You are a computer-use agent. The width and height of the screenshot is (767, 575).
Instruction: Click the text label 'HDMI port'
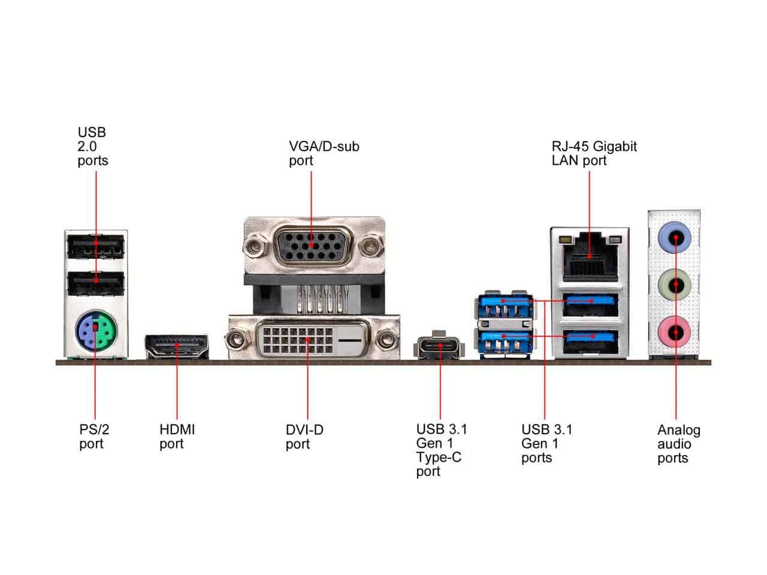(177, 437)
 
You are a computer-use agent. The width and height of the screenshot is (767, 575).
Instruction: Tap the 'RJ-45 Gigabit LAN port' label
(594, 153)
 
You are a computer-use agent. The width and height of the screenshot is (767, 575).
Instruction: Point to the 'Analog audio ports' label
(678, 444)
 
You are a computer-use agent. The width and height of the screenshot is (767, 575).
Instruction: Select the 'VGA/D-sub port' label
(324, 153)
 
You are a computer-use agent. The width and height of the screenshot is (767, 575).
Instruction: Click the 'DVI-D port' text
(304, 437)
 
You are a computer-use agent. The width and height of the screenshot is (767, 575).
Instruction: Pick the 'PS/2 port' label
(94, 437)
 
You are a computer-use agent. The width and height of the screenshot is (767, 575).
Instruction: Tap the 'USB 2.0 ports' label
(93, 146)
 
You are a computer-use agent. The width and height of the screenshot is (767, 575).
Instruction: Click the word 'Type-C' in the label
(439, 458)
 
